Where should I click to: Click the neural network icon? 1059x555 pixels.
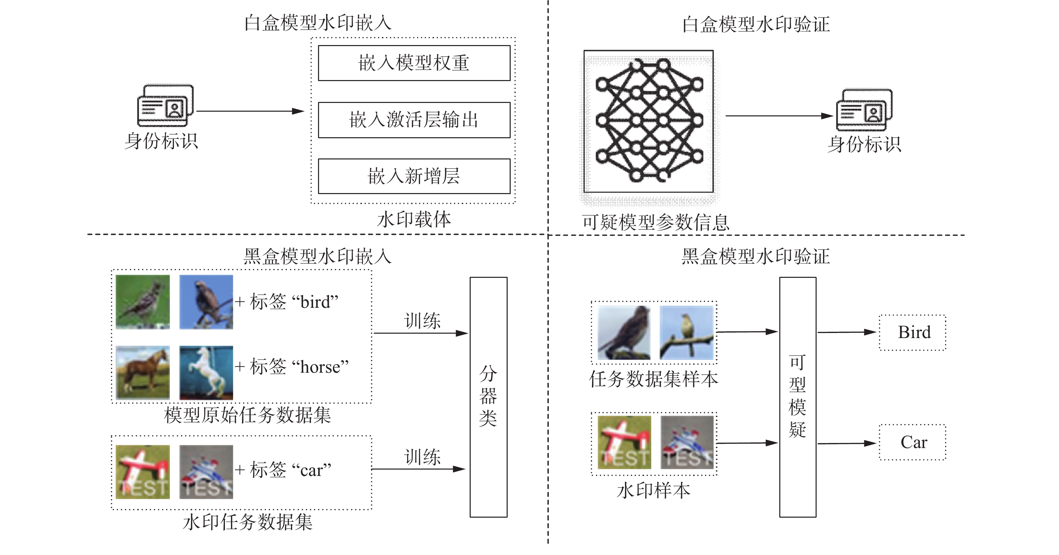pos(649,120)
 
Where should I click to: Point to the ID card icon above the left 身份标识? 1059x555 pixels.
pos(165,105)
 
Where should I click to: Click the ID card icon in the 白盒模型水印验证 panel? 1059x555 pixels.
pos(864,109)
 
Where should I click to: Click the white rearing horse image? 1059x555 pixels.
pos(206,373)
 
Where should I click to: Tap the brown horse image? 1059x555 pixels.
pos(143,373)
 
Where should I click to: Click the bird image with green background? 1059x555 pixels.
pos(143,302)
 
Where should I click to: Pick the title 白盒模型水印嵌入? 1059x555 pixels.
pos(318,23)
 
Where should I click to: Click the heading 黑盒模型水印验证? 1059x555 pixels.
pos(756,256)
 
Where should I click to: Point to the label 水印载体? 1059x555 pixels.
pos(414,219)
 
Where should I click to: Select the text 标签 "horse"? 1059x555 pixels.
pos(299,367)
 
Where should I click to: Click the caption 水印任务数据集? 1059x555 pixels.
pos(247,522)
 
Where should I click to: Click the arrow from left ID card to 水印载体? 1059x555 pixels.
pos(250,111)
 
